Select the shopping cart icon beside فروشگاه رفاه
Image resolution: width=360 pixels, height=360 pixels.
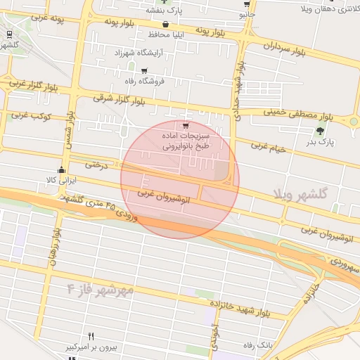[x=144, y=71]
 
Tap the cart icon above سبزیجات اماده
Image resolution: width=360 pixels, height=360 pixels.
[x=186, y=127]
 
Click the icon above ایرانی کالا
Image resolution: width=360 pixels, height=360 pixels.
[x=62, y=169]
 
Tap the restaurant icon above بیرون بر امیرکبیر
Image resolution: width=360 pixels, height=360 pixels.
[x=91, y=337]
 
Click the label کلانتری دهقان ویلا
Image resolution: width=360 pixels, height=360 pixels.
[x=330, y=10]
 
